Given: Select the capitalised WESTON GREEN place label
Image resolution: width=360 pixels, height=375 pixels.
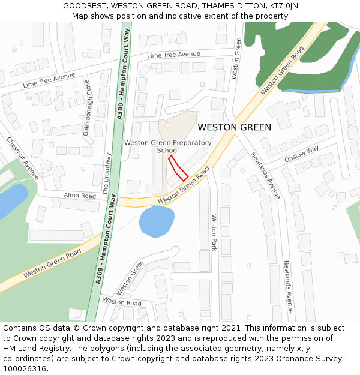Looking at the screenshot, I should pos(234,127).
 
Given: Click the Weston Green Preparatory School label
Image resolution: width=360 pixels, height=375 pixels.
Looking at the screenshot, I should pos(167,146).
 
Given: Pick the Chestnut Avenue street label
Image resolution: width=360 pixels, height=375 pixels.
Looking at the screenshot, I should pos(23,158).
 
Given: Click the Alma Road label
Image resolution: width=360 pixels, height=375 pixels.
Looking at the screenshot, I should pos(80,196).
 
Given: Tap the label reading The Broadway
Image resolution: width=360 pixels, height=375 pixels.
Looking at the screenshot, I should pos(107,174).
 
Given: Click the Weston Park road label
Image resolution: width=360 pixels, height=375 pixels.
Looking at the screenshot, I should pos(213,233).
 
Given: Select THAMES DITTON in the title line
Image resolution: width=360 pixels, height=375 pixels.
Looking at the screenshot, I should pos(230,6).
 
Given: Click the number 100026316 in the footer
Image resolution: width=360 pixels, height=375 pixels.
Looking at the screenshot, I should pos(25,369).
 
